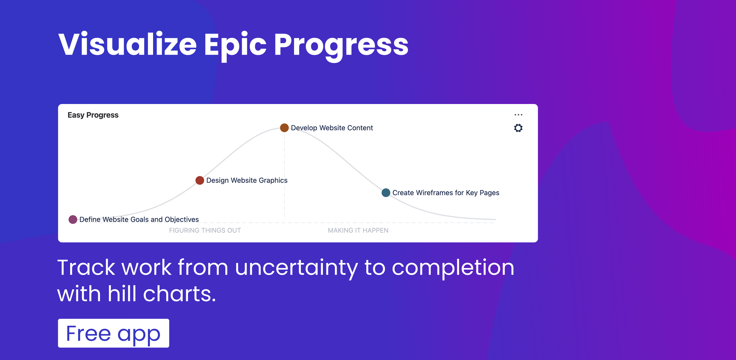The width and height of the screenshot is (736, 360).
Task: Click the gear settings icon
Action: (518, 128)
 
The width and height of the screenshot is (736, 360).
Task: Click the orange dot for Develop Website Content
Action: (284, 127)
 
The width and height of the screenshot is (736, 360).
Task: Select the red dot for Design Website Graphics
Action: (200, 180)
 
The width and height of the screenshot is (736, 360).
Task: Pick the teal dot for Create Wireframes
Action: (386, 193)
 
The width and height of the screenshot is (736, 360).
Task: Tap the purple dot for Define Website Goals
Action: (73, 219)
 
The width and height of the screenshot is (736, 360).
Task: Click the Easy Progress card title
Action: (93, 115)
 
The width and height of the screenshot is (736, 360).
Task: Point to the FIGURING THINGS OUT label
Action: (205, 230)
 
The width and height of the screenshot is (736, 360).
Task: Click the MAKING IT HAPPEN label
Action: (358, 230)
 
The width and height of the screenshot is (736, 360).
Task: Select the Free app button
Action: (113, 333)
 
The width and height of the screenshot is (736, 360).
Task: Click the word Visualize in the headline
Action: (127, 44)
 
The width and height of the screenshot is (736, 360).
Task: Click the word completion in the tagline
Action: (453, 268)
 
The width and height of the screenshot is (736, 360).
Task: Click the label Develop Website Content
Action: (331, 128)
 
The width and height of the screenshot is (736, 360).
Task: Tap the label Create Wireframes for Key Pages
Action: (445, 193)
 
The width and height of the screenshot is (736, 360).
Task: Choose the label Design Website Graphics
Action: (247, 180)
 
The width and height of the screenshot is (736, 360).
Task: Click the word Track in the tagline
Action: (86, 267)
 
